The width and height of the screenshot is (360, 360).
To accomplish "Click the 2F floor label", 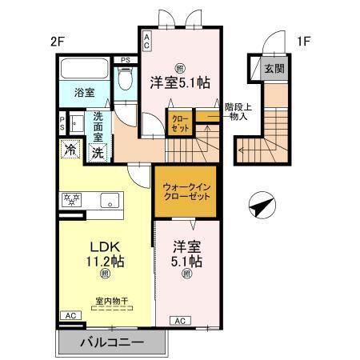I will point(55,41).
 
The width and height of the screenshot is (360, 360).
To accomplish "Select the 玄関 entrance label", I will point(274,70).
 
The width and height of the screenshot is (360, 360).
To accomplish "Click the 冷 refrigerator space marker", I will point(70,149).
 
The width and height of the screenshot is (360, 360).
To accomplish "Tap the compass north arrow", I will point(262,206).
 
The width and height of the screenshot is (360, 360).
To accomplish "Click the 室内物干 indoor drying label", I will point(112,301).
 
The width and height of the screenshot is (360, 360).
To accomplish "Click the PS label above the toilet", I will point(124,60).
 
